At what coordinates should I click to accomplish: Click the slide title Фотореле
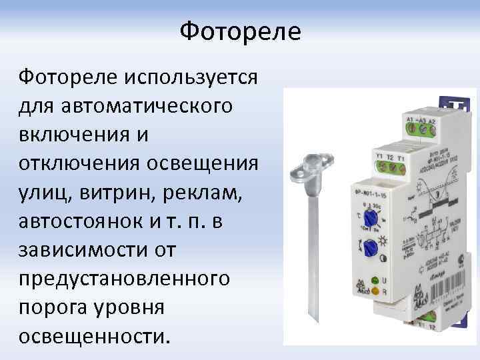click(x=241, y=31)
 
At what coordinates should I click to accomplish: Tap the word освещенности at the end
click(x=90, y=335)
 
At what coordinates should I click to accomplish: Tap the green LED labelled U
click(x=375, y=279)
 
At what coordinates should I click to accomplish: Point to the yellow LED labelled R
click(x=375, y=291)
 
